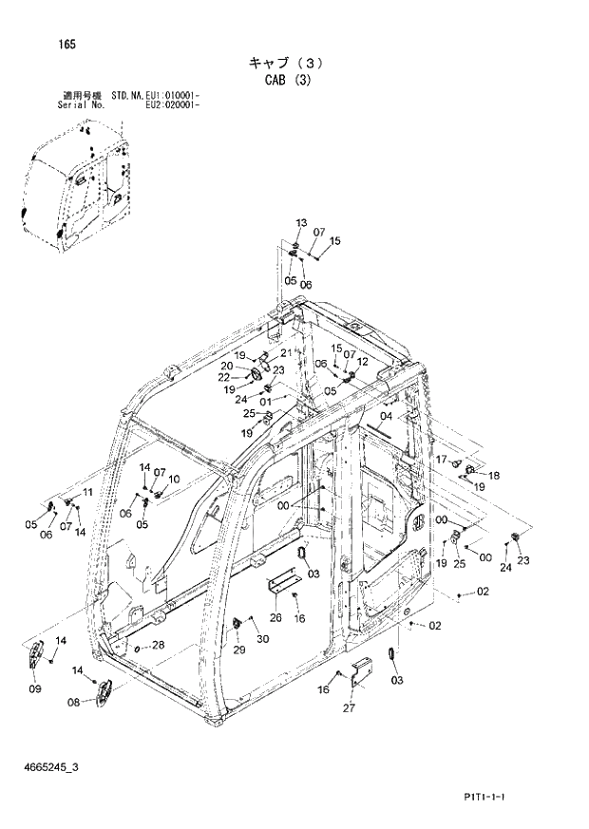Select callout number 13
coord(301,223)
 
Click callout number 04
coord(386,417)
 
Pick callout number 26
coord(275,618)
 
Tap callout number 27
coord(348,707)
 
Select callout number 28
coord(158,646)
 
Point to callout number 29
coord(238,650)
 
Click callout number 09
coord(34,688)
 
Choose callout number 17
coord(441,460)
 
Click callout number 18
coord(494,475)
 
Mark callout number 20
coord(227,367)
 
